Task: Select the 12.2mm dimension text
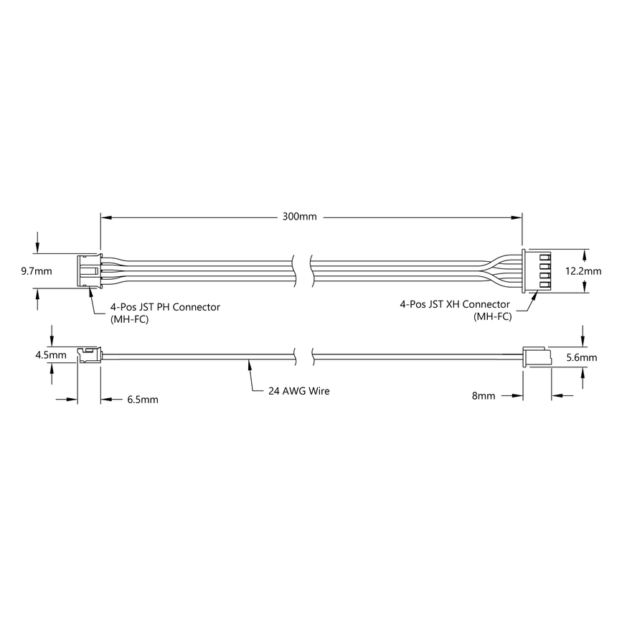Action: [582, 271]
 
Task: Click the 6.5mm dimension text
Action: [143, 399]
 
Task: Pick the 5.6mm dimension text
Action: [582, 357]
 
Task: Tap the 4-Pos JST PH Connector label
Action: [165, 307]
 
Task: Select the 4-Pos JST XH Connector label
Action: [456, 304]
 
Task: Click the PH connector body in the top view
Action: [88, 271]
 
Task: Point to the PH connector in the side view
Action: [88, 355]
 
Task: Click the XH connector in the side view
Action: [535, 356]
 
